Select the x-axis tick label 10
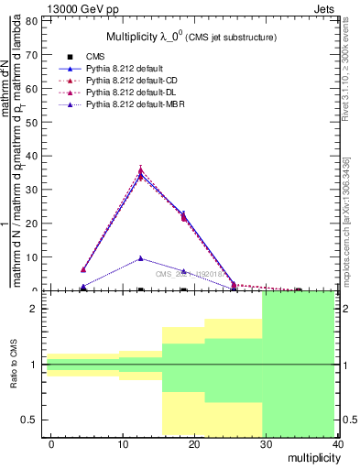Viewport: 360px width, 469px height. pyautogui.click(x=123, y=444)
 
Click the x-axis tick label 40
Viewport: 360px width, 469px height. pyautogui.click(x=337, y=444)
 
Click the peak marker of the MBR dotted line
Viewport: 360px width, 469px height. pyautogui.click(x=140, y=258)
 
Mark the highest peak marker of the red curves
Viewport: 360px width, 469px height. pyautogui.click(x=140, y=171)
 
